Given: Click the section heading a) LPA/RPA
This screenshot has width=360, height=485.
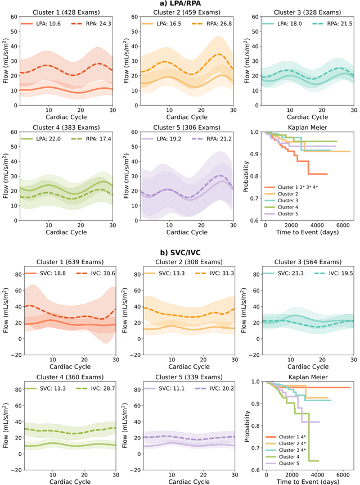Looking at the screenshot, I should point(180,4).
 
